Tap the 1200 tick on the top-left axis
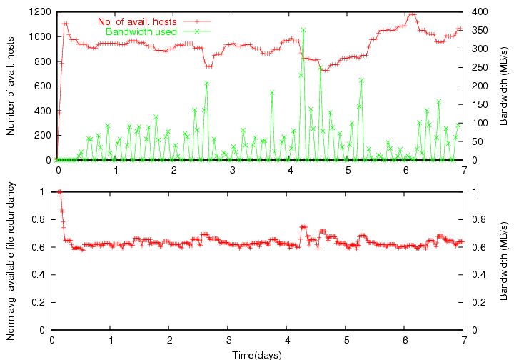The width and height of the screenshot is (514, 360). tap(40, 12)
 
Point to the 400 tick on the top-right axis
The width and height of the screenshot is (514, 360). tap(479, 12)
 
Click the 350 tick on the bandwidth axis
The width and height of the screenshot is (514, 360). tap(479, 31)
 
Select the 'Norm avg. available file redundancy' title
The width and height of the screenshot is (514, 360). tap(11, 260)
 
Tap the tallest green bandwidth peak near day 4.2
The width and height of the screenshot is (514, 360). tap(303, 30)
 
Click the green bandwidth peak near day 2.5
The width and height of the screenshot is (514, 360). tap(206, 83)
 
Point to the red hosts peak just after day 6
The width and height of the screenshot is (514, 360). tap(411, 14)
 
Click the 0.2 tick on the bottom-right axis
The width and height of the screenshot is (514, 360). tap(478, 302)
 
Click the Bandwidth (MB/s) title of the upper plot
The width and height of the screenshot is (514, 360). tap(503, 86)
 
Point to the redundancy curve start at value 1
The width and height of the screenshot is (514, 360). tap(59, 191)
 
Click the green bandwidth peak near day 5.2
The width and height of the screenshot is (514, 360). tap(362, 80)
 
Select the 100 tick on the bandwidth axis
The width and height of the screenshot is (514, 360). tap(479, 124)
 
